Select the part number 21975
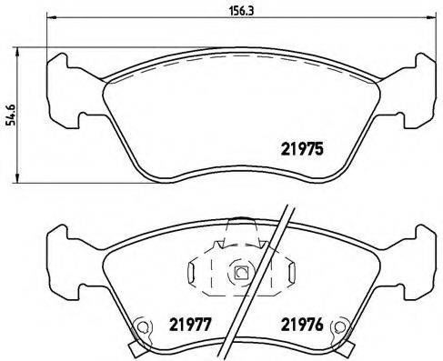[300, 152]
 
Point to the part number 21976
[300, 322]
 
